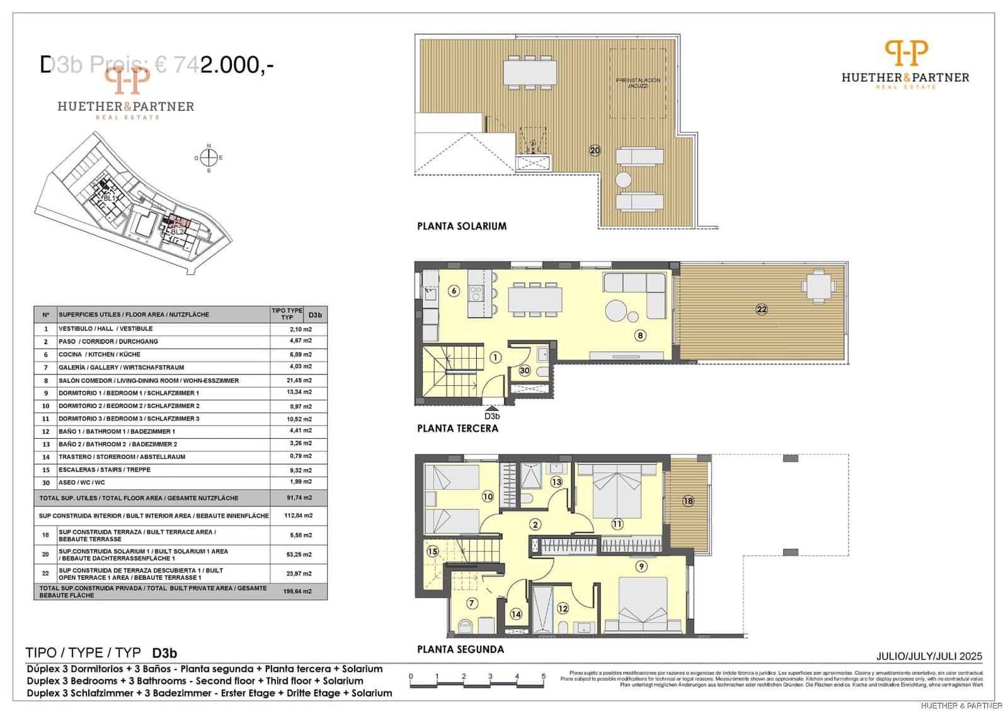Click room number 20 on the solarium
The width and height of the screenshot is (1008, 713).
[595, 150]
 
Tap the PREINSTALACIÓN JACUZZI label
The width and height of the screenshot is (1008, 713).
[638, 83]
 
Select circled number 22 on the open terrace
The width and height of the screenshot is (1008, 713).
[762, 309]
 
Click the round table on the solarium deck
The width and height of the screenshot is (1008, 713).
[623, 180]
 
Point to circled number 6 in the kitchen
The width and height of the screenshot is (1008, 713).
[454, 291]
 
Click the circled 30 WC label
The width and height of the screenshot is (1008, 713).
[525, 371]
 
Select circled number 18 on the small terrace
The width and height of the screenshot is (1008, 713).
[688, 501]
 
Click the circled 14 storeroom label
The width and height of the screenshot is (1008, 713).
[516, 614]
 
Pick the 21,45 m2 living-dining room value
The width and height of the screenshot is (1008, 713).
[299, 380]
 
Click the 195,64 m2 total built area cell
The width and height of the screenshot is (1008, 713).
[299, 591]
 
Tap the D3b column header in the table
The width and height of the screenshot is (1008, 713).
[315, 315]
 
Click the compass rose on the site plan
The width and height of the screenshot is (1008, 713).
[209, 158]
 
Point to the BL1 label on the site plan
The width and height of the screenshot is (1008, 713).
[109, 198]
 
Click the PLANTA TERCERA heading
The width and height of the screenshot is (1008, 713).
[457, 428]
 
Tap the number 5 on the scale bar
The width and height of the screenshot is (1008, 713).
[543, 676]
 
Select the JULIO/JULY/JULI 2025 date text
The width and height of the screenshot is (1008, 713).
[929, 656]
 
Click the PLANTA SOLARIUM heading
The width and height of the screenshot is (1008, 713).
[462, 226]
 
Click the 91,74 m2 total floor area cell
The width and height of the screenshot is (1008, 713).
[299, 497]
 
